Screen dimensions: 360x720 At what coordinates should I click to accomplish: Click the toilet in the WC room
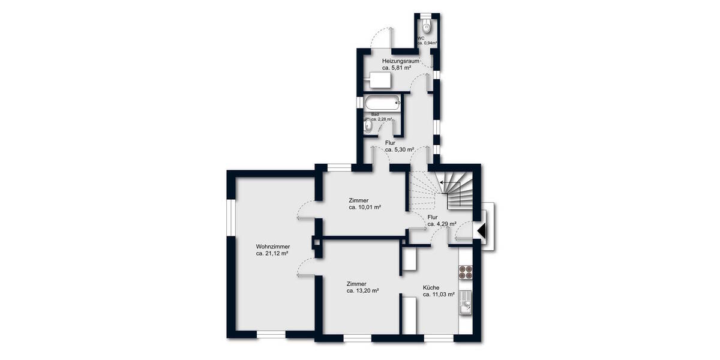(426, 26)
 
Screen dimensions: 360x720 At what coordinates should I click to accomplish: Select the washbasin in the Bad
(368, 125)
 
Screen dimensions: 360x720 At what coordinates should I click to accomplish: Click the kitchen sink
(466, 303)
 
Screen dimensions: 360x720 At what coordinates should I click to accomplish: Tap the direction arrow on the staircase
(447, 182)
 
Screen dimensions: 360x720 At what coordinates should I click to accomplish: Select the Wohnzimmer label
(273, 247)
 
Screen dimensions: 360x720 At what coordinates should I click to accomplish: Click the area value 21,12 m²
(272, 254)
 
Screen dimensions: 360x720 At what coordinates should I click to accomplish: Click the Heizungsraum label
(400, 61)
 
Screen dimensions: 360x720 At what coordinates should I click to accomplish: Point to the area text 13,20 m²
(362, 290)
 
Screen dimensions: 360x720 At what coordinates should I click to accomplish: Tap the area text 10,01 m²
(365, 207)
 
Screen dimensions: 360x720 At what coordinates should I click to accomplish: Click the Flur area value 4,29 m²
(438, 224)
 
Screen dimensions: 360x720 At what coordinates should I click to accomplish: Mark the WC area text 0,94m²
(427, 43)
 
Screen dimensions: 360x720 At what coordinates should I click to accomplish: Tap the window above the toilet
(426, 15)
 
